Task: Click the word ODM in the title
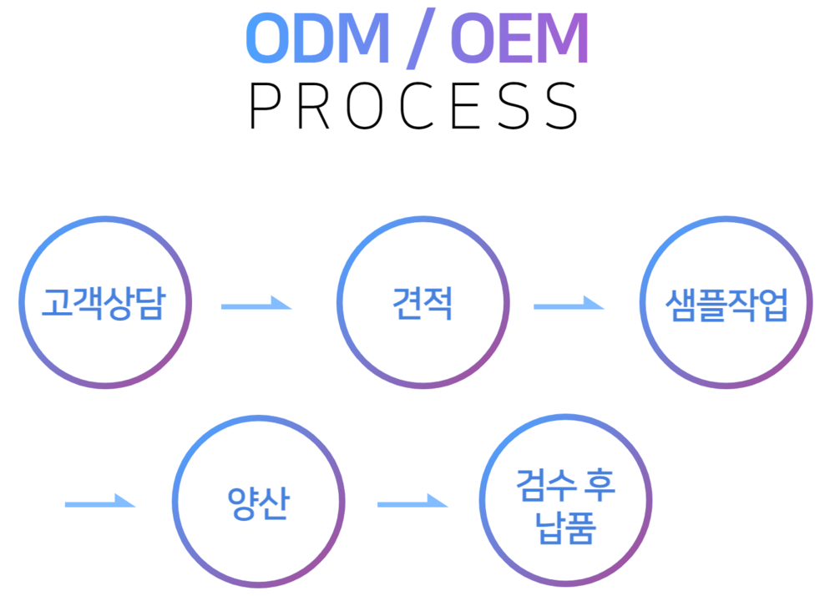pos(318,38)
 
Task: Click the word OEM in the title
pos(519,38)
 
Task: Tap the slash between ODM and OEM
pos(421,38)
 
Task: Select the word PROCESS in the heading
pos(414,106)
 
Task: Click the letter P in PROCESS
pos(265,106)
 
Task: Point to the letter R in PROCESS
pos(314,106)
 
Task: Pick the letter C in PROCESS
pos(417,106)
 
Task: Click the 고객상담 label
pos(104,303)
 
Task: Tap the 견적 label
pos(423,303)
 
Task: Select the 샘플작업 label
pos(726,305)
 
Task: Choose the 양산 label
pos(258,503)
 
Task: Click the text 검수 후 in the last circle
pos(565,485)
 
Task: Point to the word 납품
pos(565,528)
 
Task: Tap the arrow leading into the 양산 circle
pos(100,503)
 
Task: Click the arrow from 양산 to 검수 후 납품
pos(412,503)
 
